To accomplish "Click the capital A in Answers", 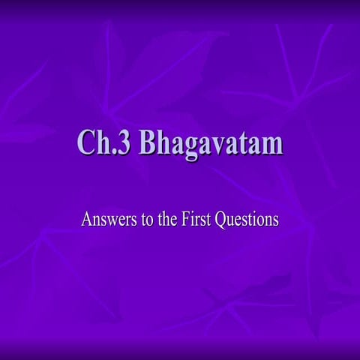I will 86,220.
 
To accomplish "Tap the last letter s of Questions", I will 275,222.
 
